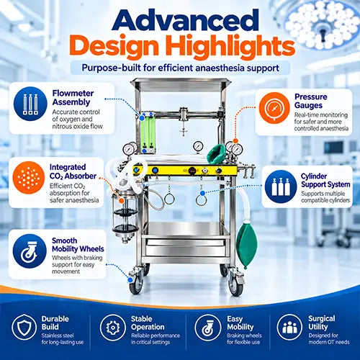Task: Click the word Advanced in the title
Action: [185, 20]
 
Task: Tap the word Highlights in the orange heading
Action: [230, 46]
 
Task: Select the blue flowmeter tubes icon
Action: [30, 104]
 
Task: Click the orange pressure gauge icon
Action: [274, 108]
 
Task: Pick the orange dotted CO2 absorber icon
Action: [29, 178]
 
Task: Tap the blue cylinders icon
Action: [281, 186]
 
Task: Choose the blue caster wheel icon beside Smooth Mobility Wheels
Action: [30, 251]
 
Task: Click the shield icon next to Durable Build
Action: [24, 327]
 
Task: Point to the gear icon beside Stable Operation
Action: [113, 328]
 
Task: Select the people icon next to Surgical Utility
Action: [289, 327]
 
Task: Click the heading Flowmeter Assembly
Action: [73, 97]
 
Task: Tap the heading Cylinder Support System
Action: [325, 180]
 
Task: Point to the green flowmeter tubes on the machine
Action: [148, 133]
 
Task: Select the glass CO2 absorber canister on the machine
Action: [125, 214]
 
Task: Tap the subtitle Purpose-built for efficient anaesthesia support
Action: [180, 68]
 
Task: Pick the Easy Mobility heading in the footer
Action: [240, 323]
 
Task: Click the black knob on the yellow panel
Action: [192, 171]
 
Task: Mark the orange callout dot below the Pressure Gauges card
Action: [235, 141]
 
